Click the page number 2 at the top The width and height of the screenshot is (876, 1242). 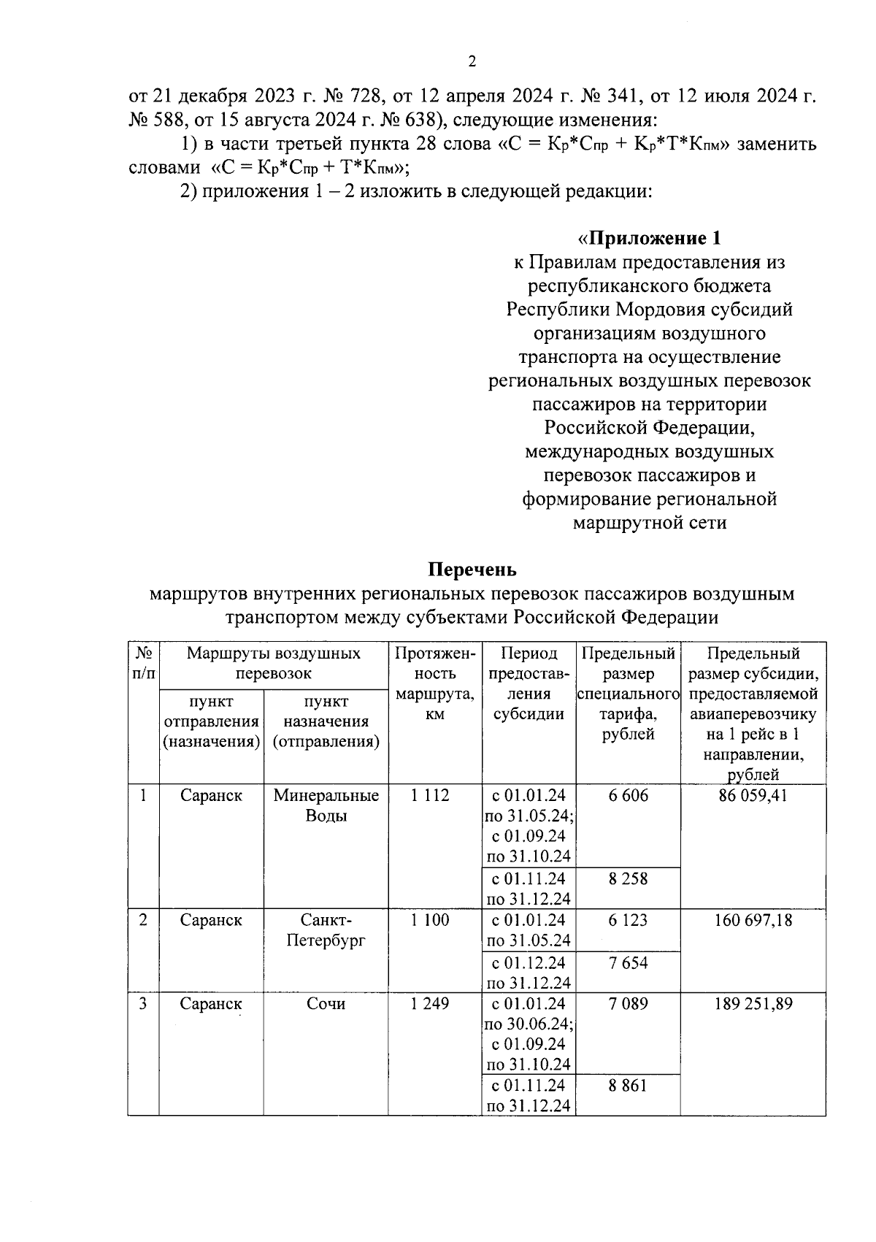click(472, 62)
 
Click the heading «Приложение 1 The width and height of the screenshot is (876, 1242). click(649, 238)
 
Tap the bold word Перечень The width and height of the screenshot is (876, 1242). click(472, 569)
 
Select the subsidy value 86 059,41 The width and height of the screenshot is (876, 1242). click(753, 795)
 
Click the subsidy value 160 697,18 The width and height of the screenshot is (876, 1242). click(753, 920)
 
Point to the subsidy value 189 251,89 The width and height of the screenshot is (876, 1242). click(753, 1003)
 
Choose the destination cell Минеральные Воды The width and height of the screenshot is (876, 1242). click(326, 805)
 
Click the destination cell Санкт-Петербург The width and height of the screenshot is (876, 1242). click(326, 930)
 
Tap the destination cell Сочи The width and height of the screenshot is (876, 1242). click(326, 1003)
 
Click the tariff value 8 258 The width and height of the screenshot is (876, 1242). click(628, 878)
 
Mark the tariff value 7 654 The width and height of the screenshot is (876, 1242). click(628, 962)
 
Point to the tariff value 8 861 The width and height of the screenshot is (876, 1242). click(628, 1086)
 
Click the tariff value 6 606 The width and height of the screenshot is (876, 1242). click(628, 795)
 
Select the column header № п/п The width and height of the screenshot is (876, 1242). click(143, 663)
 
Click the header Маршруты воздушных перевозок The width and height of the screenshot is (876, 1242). click(273, 663)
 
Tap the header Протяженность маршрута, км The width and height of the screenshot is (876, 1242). click(434, 683)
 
